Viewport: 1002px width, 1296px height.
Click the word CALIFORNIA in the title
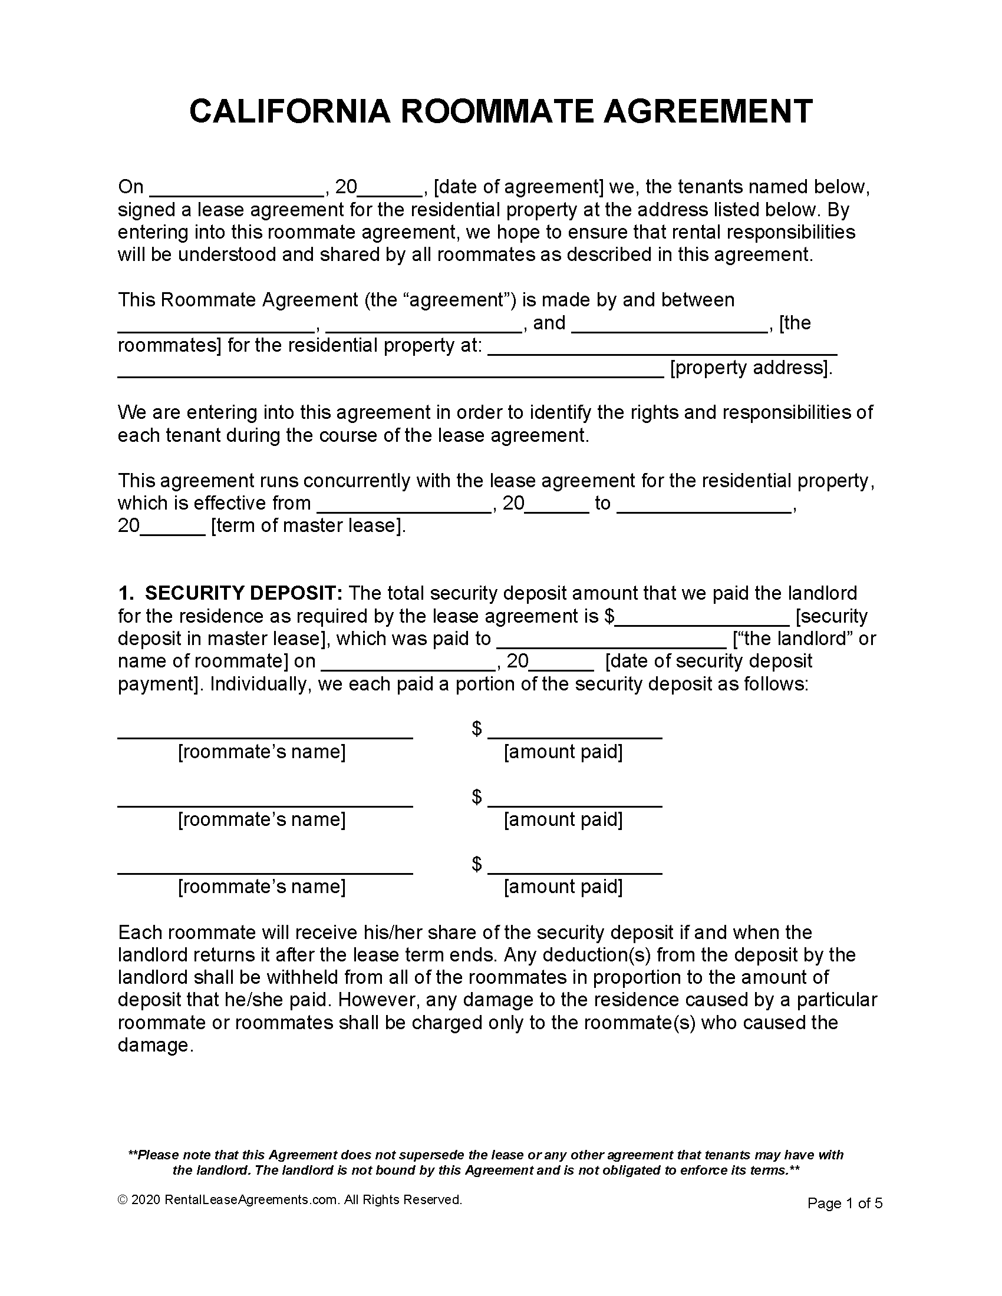click(x=289, y=111)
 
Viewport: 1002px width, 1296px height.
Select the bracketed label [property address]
click(x=751, y=368)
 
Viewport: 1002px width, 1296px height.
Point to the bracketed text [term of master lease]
click(x=308, y=525)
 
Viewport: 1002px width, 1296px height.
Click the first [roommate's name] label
click(x=262, y=752)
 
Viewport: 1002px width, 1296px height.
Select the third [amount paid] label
click(x=563, y=887)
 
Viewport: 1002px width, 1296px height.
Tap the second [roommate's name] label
click(x=262, y=819)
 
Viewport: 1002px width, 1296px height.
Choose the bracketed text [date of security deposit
click(x=708, y=661)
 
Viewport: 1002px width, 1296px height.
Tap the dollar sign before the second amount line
click(x=477, y=797)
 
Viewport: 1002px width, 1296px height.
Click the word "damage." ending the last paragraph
click(x=156, y=1045)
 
